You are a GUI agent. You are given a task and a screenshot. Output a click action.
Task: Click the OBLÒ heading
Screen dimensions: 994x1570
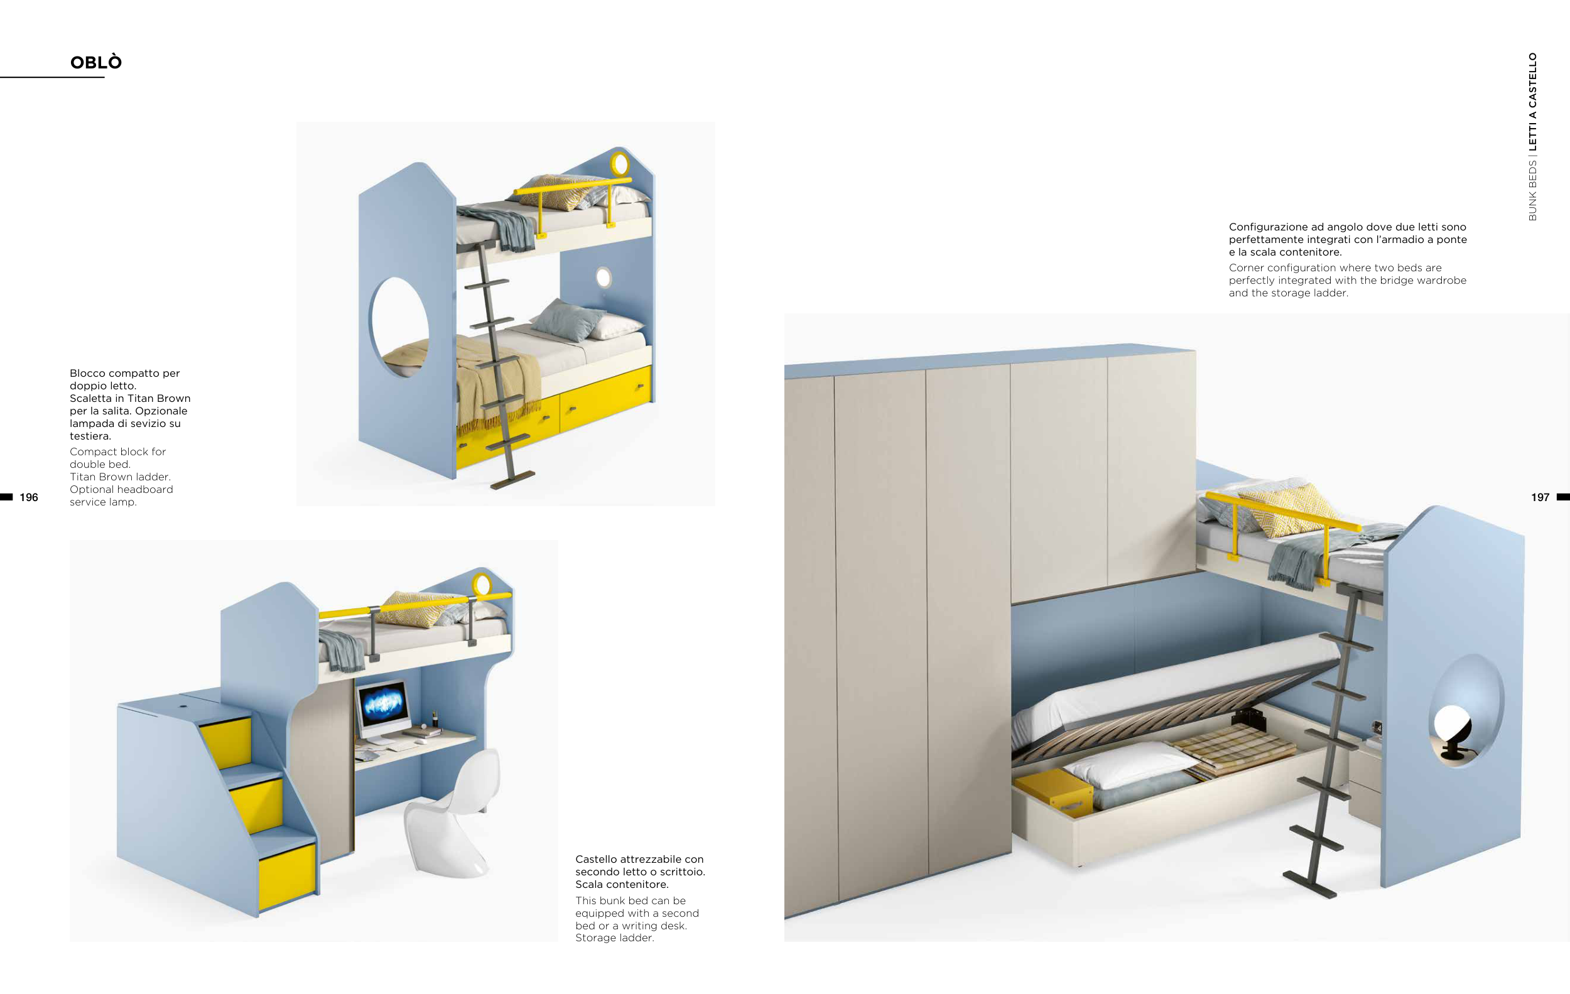(x=96, y=63)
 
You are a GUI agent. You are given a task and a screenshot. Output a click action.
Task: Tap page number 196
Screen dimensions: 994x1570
(x=29, y=497)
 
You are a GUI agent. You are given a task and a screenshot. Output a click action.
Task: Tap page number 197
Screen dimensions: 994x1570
(x=1539, y=497)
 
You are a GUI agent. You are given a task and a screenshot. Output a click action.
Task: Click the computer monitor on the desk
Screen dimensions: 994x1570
(x=382, y=706)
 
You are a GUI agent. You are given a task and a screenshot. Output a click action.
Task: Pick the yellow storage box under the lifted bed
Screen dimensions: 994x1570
(x=1055, y=791)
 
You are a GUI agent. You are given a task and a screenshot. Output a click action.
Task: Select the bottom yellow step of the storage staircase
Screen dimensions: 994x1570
(x=287, y=875)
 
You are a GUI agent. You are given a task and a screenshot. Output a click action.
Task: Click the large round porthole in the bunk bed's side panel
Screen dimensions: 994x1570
(x=399, y=327)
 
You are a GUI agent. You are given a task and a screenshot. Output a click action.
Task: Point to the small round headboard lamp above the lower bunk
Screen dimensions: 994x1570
(x=603, y=278)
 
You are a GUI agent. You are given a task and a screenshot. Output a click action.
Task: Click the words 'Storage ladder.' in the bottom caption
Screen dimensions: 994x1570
(x=614, y=938)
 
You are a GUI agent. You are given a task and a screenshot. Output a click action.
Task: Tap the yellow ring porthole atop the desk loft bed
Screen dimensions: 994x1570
(x=482, y=584)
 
